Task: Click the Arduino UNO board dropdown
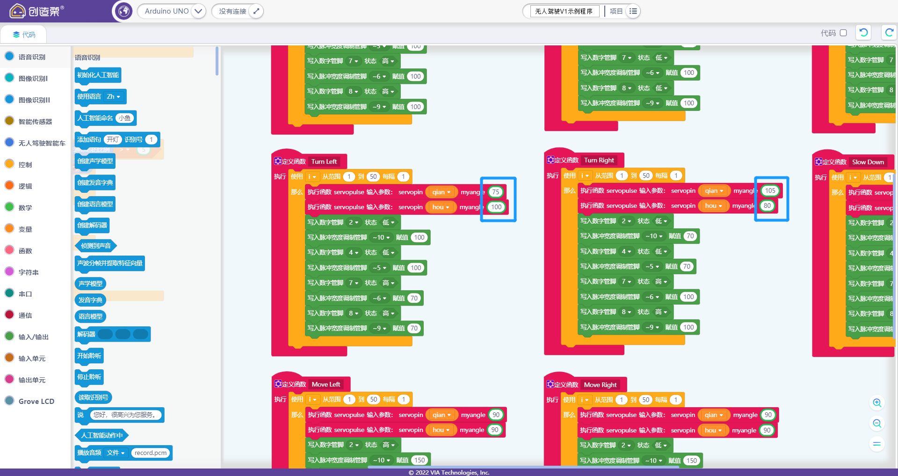[x=171, y=11]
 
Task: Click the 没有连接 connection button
[x=237, y=11]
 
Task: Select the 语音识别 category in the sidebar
[x=32, y=57]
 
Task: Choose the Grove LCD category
[x=36, y=401]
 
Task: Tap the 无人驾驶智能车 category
[x=42, y=143]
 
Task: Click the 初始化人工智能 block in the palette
[x=98, y=75]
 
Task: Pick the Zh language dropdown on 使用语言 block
[x=113, y=96]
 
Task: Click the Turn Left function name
[x=324, y=161]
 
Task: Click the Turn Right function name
[x=599, y=160]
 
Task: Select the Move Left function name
[x=326, y=384]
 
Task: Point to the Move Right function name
[x=600, y=385]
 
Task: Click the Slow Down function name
[x=868, y=162]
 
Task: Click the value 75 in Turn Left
[x=495, y=192]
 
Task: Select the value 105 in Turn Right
[x=770, y=190]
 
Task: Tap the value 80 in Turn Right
[x=767, y=205]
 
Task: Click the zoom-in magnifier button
[x=877, y=403]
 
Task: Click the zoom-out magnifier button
[x=877, y=424]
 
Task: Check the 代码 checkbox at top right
[x=843, y=33]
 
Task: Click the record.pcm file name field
[x=150, y=453]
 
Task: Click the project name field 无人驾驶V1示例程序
[x=564, y=11]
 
